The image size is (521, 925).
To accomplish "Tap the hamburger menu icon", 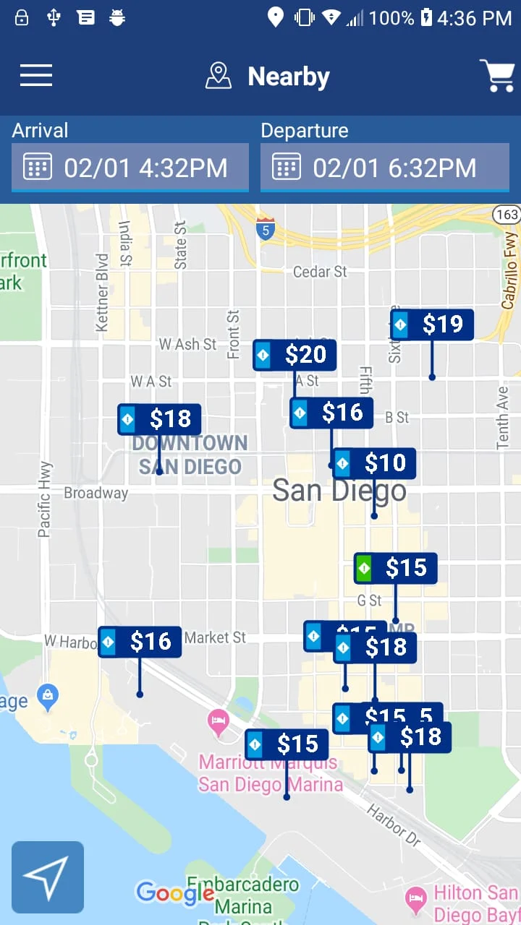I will [36, 75].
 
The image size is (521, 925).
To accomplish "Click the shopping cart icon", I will [497, 75].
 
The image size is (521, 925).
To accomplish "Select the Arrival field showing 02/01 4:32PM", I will [130, 168].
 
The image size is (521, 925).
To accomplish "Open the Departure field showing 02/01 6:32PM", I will [385, 168].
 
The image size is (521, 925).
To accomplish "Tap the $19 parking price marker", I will [433, 325].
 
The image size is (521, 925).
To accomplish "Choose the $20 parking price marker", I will [295, 355].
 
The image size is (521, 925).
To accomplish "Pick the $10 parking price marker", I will [374, 463].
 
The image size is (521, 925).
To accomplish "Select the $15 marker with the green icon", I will [395, 568].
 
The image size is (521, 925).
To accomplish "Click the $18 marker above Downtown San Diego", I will [159, 419].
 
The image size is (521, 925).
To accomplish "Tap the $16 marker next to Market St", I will [140, 642].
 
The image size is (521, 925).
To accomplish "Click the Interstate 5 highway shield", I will [266, 228].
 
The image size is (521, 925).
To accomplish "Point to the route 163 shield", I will [507, 214].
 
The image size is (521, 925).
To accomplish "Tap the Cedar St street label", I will [321, 272].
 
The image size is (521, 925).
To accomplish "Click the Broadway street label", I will [96, 494].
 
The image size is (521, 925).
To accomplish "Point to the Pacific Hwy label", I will [45, 499].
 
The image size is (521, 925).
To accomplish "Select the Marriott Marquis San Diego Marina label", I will [270, 773].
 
